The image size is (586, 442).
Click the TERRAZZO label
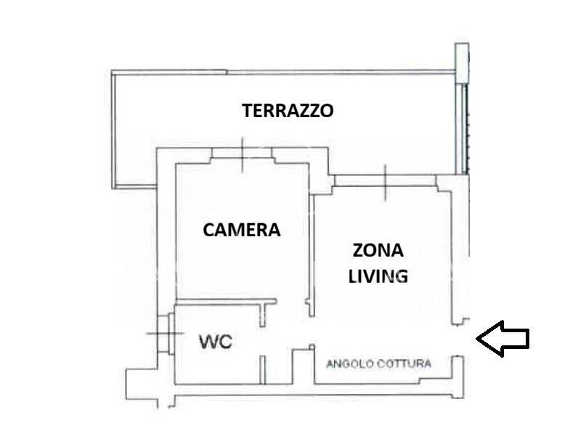pyautogui.click(x=288, y=110)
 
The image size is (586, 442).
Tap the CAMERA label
pyautogui.click(x=241, y=230)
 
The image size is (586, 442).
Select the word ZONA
pyautogui.click(x=378, y=251)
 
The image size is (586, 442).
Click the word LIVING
pyautogui.click(x=378, y=276)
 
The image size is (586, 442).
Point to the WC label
pyautogui.click(x=216, y=342)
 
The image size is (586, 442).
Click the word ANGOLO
pyautogui.click(x=349, y=363)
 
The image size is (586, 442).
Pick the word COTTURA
pyautogui.click(x=403, y=363)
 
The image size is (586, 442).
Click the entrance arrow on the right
pyautogui.click(x=502, y=338)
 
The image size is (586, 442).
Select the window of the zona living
pyautogui.click(x=385, y=178)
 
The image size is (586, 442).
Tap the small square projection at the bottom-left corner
pyautogui.click(x=136, y=382)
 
